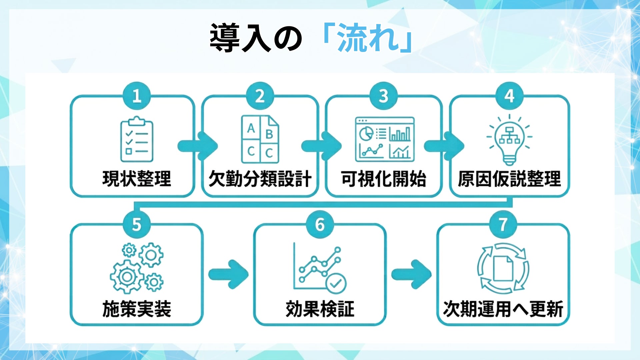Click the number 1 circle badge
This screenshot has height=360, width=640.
[137, 96]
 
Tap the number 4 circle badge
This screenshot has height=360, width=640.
[509, 96]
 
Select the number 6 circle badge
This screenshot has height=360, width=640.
[320, 225]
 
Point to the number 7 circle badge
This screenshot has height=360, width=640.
[503, 225]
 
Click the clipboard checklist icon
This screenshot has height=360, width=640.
[137, 139]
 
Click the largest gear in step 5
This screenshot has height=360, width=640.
[127, 276]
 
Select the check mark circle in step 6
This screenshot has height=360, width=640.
[336, 284]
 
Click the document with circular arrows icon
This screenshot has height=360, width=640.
[503, 268]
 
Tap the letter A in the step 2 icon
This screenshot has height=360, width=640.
[251, 128]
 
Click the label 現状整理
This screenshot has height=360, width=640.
[137, 179]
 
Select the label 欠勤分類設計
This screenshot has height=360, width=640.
[260, 179]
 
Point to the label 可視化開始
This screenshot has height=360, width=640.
[384, 179]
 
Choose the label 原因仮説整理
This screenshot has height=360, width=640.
[509, 179]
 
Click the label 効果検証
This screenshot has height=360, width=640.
[320, 309]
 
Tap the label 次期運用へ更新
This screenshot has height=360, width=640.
[503, 309]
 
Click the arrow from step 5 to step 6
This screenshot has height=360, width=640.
[229, 274]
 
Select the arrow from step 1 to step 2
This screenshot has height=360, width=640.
[198, 146]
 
